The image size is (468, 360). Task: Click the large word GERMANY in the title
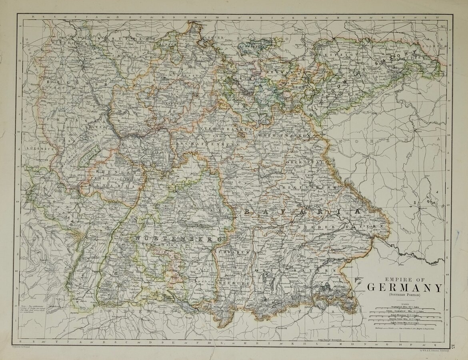[x=405, y=288]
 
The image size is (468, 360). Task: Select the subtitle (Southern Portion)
[x=405, y=295]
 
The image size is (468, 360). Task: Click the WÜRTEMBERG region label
[x=179, y=238]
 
